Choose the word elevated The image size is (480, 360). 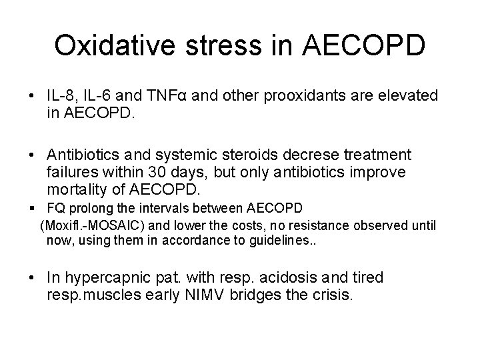point(407,97)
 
